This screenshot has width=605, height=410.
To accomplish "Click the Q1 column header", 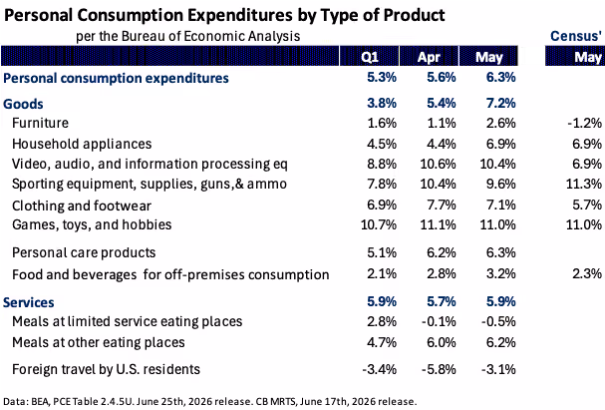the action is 369,57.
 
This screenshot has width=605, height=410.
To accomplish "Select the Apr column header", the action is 429,57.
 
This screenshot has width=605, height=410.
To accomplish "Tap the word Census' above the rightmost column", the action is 576,36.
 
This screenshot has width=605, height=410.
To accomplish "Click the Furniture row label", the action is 40,123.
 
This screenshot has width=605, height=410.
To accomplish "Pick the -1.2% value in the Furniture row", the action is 584,123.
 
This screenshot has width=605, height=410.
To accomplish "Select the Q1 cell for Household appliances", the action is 381,144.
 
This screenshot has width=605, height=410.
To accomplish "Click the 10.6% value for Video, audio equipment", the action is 438,164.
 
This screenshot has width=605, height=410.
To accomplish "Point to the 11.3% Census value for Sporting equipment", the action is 584,184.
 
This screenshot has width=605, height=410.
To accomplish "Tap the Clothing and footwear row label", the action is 82,205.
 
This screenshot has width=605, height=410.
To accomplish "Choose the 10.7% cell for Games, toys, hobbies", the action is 379,224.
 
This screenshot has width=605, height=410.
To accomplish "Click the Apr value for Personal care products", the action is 441,252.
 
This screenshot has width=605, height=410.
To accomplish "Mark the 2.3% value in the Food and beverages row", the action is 587,273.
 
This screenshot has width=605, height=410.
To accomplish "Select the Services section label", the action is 29,302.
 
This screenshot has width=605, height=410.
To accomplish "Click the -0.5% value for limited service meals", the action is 498,321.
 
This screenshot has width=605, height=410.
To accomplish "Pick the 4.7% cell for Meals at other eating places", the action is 381,342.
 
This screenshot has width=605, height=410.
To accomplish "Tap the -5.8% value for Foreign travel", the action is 439,369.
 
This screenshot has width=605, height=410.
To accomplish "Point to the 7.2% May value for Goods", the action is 500,103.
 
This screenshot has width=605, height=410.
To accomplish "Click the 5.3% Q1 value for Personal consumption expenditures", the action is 381,77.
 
